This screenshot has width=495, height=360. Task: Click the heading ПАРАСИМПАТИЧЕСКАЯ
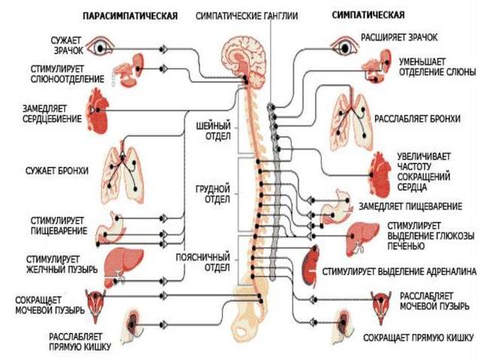(130, 16)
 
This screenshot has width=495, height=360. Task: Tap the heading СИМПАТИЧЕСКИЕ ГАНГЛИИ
(247, 16)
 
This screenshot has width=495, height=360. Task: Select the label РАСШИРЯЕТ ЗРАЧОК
(399, 37)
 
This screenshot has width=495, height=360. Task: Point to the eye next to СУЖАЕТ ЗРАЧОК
(100, 46)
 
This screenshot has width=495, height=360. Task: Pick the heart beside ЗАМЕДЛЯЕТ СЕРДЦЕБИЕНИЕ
(97, 110)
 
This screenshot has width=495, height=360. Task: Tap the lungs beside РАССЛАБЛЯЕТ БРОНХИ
(351, 121)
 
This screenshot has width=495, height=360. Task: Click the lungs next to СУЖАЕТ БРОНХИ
(122, 174)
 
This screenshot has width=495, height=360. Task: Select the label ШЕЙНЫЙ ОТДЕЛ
(214, 131)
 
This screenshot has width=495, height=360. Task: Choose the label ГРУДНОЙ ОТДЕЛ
(213, 194)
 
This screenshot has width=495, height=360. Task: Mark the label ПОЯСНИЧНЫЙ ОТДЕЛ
(202, 262)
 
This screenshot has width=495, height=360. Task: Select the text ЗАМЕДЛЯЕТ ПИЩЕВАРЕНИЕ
(410, 207)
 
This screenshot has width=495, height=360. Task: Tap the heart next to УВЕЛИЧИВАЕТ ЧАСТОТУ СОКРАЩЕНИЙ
(379, 175)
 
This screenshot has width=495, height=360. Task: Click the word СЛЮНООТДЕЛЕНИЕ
(67, 79)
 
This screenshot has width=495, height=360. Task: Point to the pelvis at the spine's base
(250, 310)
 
